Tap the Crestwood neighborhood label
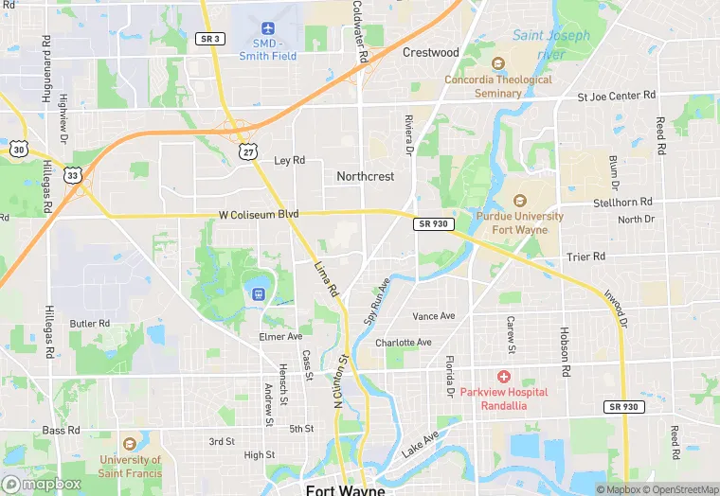(x=430, y=52)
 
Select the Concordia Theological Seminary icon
(x=498, y=63)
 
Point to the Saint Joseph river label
(x=550, y=44)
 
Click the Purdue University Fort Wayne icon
(x=519, y=201)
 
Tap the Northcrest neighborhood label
(x=365, y=176)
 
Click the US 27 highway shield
(x=247, y=151)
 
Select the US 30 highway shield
(x=18, y=150)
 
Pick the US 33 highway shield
(x=72, y=174)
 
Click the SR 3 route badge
(x=209, y=38)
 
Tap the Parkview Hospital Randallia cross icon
(x=504, y=377)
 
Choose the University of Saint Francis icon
(x=131, y=443)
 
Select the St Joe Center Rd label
(x=617, y=96)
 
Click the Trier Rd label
(x=585, y=257)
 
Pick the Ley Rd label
(x=289, y=161)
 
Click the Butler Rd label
(x=90, y=323)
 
